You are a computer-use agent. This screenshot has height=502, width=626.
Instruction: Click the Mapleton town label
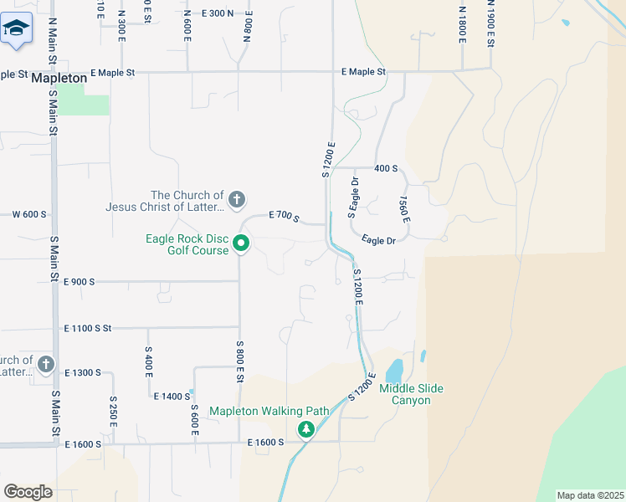coord(59,78)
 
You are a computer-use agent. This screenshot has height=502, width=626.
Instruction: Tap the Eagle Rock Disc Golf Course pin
coord(241,244)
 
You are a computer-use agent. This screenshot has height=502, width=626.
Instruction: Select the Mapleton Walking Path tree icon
coord(306,429)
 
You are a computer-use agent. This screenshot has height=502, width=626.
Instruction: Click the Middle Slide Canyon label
coord(412,394)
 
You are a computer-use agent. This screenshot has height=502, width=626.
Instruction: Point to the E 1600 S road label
coord(267,442)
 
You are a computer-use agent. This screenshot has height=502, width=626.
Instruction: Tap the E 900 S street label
coord(79,282)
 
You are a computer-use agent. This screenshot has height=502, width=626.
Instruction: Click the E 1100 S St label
coord(87,328)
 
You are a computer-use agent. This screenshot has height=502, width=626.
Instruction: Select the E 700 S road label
coord(285,216)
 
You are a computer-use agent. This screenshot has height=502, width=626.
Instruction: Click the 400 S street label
coord(386,168)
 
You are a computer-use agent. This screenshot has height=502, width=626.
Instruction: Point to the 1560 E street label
coord(404,209)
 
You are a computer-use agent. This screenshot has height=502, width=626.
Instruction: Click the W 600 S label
coord(29,214)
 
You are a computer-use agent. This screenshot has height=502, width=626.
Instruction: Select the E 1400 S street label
coord(172,396)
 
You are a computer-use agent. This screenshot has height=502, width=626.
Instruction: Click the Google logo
coord(28,491)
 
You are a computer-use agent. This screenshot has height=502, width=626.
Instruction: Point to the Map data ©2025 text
coord(590,496)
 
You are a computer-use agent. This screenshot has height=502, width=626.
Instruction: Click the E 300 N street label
coord(218,13)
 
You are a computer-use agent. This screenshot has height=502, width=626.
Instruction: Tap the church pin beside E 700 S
coord(237,199)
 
